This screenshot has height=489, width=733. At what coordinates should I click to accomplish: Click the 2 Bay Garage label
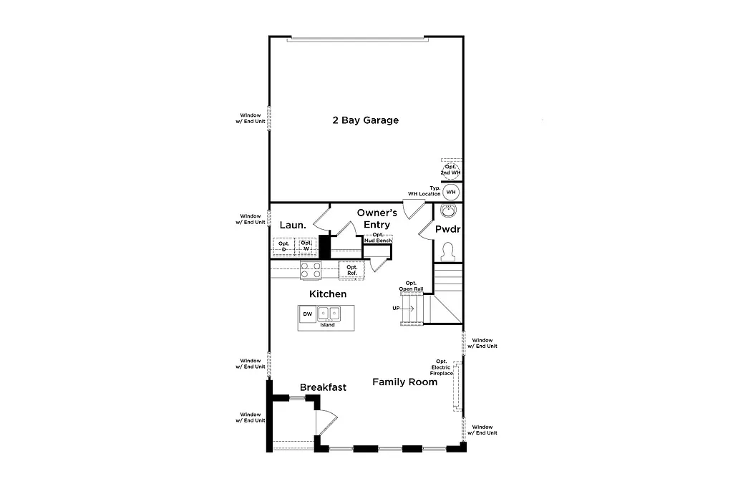365,120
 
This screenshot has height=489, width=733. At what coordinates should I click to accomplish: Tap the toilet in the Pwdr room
449,251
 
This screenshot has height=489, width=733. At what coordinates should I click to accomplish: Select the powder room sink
449,210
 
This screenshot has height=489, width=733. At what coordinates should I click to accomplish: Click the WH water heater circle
451,193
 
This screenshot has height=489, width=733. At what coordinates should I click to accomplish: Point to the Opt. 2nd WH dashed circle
451,170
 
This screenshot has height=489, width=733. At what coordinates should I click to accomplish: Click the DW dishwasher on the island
307,314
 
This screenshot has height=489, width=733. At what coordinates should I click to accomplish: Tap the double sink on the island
329,314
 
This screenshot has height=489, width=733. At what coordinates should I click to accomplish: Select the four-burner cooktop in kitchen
311,270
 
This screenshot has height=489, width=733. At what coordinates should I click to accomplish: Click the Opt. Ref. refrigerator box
352,270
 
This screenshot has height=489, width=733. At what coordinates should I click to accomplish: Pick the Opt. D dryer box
283,246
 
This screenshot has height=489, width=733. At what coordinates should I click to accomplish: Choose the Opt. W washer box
306,246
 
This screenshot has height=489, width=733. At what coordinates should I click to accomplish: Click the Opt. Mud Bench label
377,238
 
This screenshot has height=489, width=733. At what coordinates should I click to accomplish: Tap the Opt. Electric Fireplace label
442,367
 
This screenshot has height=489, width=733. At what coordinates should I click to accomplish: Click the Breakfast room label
323,387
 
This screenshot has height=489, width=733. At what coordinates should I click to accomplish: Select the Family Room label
404,382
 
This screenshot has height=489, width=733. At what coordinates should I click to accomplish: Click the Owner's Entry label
377,218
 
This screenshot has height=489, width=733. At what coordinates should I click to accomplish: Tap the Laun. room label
293,225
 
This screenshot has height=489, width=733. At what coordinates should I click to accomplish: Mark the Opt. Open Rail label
412,286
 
